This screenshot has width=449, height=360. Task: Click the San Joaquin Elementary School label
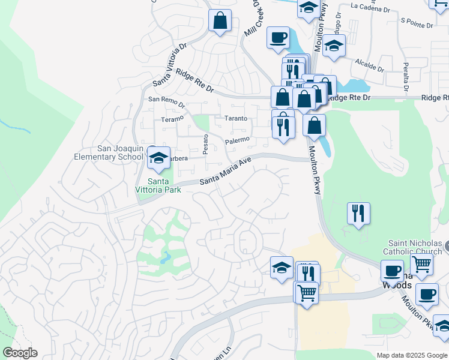coord(120,153)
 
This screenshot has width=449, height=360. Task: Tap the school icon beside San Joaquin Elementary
coord(158,158)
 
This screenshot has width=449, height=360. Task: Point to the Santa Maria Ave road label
coord(225,172)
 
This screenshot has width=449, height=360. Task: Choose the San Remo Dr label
coord(166,100)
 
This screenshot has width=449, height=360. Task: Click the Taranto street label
coord(235,118)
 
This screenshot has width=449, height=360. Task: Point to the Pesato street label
coord(205,144)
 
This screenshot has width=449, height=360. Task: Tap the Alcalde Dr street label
coord(369,62)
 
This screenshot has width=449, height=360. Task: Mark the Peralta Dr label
coord(406,77)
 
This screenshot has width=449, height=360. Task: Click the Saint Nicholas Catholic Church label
coord(415,247)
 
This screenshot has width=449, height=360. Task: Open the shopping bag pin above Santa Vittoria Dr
coord(220,21)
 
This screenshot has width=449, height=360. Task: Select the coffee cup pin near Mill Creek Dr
coord(278,37)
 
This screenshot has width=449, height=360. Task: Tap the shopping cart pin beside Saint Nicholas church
coord(422,264)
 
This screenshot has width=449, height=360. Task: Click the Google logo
coord(20,353)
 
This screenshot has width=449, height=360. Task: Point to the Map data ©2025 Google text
coord(412,355)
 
